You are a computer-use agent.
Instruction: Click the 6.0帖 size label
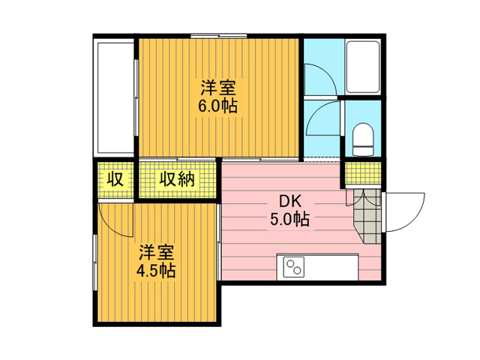(x=217, y=106)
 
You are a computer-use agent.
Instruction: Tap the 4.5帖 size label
(x=156, y=271)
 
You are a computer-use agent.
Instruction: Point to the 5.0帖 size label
(x=289, y=219)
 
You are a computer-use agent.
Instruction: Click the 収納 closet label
(x=177, y=179)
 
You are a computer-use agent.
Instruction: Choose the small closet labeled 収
(x=115, y=179)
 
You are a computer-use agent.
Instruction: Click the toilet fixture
(x=363, y=139)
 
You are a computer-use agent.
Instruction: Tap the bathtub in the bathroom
(x=363, y=67)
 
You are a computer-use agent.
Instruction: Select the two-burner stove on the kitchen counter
(x=294, y=267)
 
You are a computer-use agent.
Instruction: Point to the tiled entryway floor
(x=367, y=216)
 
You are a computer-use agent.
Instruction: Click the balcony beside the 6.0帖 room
(x=115, y=98)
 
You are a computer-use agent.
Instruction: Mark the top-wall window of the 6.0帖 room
(x=219, y=36)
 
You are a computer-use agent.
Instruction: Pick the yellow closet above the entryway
(x=363, y=173)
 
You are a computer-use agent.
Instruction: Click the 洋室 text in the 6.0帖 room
(x=218, y=88)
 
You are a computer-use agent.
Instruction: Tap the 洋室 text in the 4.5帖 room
(x=157, y=252)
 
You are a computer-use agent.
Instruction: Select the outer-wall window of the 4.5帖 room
(x=95, y=262)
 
